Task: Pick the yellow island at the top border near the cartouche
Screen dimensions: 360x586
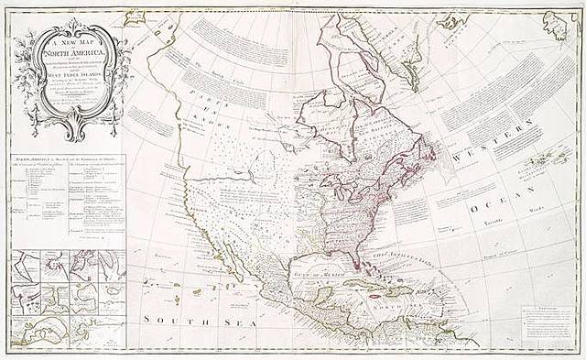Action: [136, 16]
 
